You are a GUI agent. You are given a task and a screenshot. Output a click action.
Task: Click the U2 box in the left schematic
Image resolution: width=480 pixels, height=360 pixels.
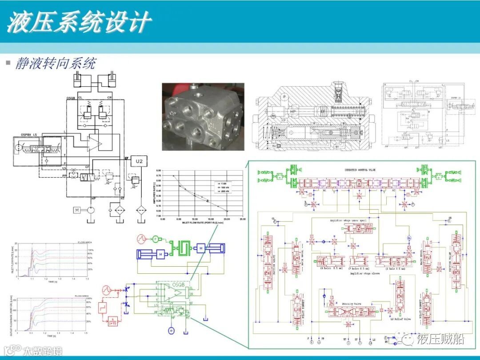140,160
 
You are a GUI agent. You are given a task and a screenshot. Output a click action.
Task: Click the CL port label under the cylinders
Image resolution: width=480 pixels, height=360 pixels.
80,97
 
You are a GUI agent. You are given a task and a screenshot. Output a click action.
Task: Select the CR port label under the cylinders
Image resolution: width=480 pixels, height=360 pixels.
109,97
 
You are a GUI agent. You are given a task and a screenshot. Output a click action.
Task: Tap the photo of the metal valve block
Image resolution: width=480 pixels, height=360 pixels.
203,116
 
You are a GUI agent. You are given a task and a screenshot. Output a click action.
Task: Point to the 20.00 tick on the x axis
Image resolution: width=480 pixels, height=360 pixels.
227,219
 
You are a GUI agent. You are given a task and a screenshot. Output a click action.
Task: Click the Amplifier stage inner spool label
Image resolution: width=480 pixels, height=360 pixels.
349,220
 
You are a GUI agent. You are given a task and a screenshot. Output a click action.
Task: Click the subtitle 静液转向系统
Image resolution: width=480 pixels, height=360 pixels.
56,63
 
